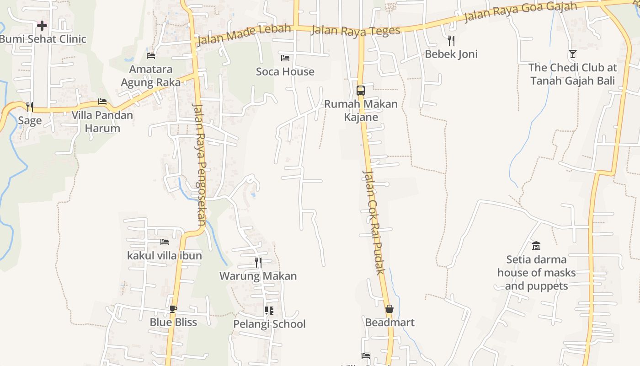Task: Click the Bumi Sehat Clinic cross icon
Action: point(42,25)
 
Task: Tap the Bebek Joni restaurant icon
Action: point(451,40)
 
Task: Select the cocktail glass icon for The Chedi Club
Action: point(572,54)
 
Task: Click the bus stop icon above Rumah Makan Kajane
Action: point(361,90)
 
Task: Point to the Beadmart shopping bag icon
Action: point(389,309)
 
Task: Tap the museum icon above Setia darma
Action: point(536,246)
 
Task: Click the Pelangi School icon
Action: point(269,311)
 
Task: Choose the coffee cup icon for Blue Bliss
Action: point(173,309)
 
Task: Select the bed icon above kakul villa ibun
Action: point(165,242)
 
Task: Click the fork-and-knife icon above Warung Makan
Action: point(258,262)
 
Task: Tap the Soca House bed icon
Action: point(285,58)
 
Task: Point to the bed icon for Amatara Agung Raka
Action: point(151,56)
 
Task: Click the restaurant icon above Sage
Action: point(30,107)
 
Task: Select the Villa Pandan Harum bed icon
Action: point(102,102)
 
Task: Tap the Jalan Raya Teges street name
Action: point(355,31)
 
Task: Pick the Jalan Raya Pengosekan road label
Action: point(200,165)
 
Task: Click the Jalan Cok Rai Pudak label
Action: point(373,222)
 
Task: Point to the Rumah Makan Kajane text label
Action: point(361,110)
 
